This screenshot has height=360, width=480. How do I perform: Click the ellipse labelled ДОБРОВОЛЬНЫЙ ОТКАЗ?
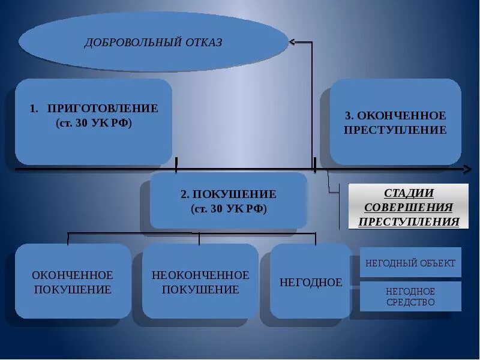tap(153, 42)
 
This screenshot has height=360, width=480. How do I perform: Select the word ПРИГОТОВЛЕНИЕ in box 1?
tap(103, 109)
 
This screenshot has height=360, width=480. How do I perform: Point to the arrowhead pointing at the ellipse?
tap(292, 42)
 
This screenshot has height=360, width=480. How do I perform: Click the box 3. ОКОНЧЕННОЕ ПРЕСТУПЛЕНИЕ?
tap(395, 122)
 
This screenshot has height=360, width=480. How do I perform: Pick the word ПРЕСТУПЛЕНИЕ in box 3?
tap(395, 130)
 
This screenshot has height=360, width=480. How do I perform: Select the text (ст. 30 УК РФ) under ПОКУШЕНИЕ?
tap(229, 209)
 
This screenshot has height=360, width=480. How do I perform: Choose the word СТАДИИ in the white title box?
tap(408, 193)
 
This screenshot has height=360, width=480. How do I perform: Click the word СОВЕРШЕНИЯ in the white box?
tap(408, 208)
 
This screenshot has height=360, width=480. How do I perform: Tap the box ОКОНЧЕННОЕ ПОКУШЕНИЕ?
tap(73, 281)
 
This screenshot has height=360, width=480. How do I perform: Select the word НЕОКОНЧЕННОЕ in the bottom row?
tap(200, 275)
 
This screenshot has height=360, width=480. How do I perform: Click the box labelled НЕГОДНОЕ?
tap(310, 281)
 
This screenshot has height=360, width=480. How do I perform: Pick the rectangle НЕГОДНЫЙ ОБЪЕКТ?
tap(410, 263)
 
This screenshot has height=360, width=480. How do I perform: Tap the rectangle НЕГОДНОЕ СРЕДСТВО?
tap(410, 296)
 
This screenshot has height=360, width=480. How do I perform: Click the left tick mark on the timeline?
tap(176, 164)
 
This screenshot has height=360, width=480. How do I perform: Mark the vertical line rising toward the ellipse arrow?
tap(312, 102)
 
